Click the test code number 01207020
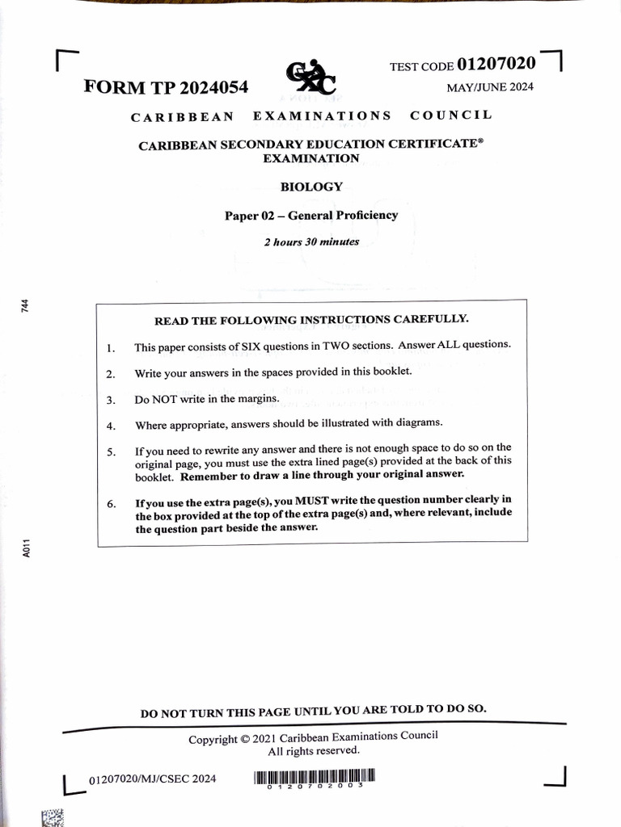[x=496, y=63]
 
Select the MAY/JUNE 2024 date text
[x=490, y=87]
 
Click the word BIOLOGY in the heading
[x=311, y=187]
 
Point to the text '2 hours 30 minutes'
[x=311, y=241]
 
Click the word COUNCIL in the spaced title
[x=450, y=115]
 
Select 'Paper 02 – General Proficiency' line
[x=311, y=215]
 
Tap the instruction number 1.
[x=111, y=349]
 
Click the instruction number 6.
[x=111, y=505]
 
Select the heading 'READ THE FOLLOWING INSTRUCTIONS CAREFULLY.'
[x=311, y=320]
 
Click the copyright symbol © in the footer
[x=244, y=739]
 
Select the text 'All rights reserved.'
[x=314, y=751]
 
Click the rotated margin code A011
[x=25, y=549]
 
